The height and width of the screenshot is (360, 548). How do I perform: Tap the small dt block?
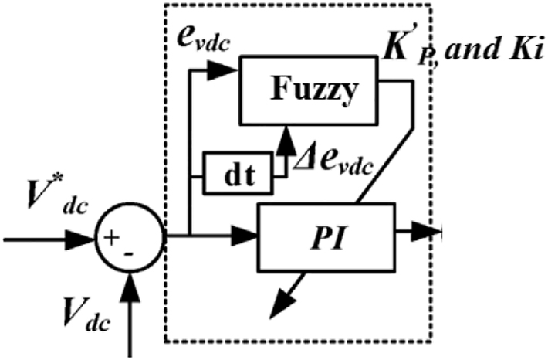[238, 173]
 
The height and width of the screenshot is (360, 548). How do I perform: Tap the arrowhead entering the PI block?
[245, 231]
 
